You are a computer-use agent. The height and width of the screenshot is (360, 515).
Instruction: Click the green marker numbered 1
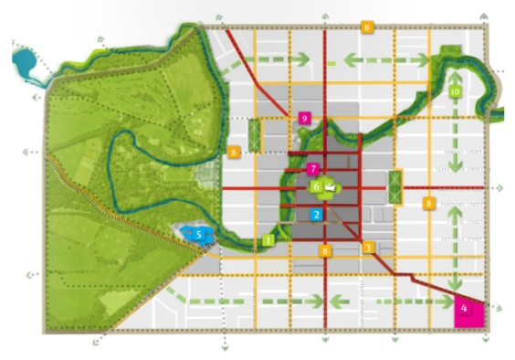pos(268,239)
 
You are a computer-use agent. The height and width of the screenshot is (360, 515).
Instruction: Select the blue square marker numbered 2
pos(317,215)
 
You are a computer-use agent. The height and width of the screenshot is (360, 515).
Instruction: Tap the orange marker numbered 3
pos(368,247)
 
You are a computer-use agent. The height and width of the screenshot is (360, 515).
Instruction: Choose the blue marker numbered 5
pos(197,234)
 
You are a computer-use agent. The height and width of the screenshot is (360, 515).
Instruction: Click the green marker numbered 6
pos(316,186)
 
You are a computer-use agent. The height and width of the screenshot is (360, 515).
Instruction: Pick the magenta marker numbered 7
pos(313,168)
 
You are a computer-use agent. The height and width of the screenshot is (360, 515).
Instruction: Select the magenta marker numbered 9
pos(304,117)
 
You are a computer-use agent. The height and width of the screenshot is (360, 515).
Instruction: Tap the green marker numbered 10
pos(456,92)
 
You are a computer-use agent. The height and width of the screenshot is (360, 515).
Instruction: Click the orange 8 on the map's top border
pos(367,28)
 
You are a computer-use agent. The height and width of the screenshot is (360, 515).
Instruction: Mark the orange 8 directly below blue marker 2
pos(323,250)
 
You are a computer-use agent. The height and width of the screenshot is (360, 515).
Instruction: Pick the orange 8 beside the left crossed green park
pos(235,151)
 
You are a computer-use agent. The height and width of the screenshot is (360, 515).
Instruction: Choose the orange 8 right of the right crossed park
pos(427,203)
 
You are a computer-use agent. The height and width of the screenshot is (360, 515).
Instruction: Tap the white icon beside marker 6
pos(331,188)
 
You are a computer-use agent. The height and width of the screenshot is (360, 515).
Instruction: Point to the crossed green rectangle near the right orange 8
pos(395,186)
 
